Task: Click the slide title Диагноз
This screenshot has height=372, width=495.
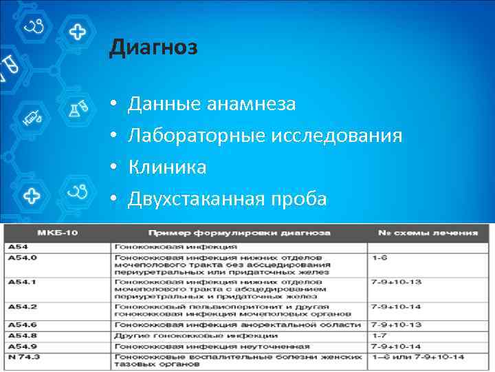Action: point(153,49)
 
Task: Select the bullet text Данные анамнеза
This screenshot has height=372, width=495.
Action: point(212,104)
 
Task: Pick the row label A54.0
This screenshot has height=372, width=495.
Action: point(23,257)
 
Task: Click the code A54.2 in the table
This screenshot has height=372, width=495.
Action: point(23,306)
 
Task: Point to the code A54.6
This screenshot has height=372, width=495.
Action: point(23,324)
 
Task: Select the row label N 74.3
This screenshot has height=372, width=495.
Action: point(26,357)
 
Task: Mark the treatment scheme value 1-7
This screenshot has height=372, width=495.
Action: point(380,335)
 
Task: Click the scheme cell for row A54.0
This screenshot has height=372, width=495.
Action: point(380,257)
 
